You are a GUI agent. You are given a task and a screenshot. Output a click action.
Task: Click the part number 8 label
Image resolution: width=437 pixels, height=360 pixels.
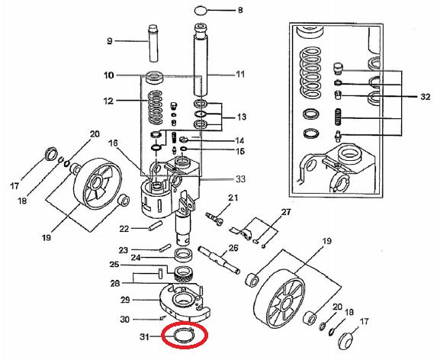click(x=240, y=11)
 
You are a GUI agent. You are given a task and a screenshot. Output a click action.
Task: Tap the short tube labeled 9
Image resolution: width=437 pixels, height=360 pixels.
click(x=153, y=43)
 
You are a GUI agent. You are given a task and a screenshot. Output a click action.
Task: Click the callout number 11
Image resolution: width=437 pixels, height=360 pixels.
click(x=240, y=75)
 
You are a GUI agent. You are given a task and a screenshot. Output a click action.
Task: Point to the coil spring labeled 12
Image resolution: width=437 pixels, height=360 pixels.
click(x=156, y=108)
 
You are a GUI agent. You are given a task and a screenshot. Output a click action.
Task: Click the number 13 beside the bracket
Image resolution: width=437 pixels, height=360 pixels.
click(x=241, y=117)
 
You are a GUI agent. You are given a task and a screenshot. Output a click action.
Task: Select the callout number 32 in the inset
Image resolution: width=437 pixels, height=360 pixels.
click(x=425, y=97)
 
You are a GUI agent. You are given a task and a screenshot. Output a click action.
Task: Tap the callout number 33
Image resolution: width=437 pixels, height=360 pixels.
click(x=240, y=179)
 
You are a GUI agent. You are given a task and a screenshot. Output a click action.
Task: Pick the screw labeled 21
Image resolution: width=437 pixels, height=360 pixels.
click(x=214, y=218)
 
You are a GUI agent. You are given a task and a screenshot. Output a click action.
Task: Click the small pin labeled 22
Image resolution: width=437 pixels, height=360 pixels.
click(x=156, y=226)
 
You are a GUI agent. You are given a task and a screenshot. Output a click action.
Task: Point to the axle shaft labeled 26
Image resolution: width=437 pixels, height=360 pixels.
click(x=219, y=259)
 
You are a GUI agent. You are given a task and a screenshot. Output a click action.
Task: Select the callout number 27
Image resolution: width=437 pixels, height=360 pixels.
click(x=286, y=212)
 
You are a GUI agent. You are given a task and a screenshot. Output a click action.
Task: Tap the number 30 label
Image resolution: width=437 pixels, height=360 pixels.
click(x=124, y=320)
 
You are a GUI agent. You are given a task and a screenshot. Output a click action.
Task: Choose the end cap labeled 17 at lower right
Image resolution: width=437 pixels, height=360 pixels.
click(x=345, y=341)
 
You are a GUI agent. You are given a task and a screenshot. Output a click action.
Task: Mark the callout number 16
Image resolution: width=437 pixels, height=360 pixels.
click(x=113, y=143)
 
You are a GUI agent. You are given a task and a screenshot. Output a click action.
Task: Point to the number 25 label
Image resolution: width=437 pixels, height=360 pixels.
click(x=114, y=264)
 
